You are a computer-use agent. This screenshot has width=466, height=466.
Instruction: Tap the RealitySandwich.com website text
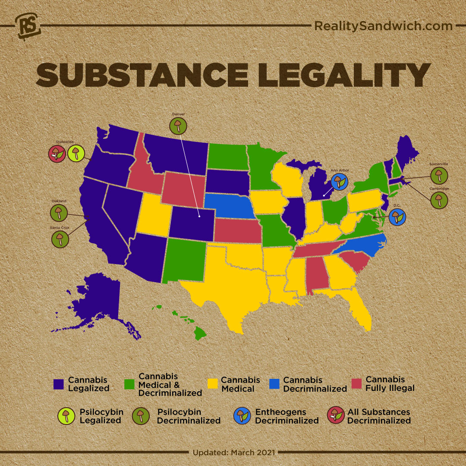tap(383, 26)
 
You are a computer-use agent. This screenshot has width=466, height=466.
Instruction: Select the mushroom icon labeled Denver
tap(178, 126)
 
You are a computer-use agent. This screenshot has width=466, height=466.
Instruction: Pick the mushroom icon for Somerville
tap(439, 175)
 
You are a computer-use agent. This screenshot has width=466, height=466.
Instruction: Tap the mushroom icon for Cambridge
tap(439, 200)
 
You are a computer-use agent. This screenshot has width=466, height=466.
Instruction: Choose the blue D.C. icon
tap(397, 217)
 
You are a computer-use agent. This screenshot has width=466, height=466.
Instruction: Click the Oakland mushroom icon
tap(60, 213)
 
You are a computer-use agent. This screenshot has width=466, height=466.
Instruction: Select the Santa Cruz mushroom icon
tap(60, 239)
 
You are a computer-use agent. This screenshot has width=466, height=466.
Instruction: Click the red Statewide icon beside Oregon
tap(57, 153)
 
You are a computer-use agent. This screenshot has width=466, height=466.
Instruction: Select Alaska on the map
tap(95, 302)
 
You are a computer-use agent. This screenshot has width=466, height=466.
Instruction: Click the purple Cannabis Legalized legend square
tap(58, 384)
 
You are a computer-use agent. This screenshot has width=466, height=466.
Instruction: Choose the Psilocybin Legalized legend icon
tap(66, 416)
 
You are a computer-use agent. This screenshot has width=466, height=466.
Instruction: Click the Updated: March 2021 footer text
tap(233, 453)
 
